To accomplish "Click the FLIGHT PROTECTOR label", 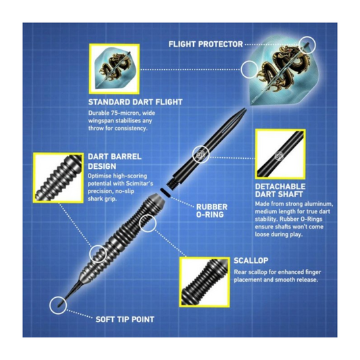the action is (x=205, y=44).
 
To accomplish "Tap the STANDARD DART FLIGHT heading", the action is (x=136, y=102).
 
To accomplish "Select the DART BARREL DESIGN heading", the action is (x=115, y=161).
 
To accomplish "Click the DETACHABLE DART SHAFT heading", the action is (x=280, y=190).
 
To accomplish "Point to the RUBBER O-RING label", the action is (x=211, y=211).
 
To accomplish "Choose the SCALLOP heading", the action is (x=251, y=261).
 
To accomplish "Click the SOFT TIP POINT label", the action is (x=125, y=319).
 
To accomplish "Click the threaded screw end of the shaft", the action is (x=174, y=183).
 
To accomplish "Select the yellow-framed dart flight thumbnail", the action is (x=114, y=69).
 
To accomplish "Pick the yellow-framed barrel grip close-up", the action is (x=58, y=178).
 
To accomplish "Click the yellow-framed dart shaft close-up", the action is (x=280, y=154).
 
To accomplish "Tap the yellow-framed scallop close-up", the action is (x=205, y=282).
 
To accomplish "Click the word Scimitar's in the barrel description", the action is (x=140, y=184).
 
